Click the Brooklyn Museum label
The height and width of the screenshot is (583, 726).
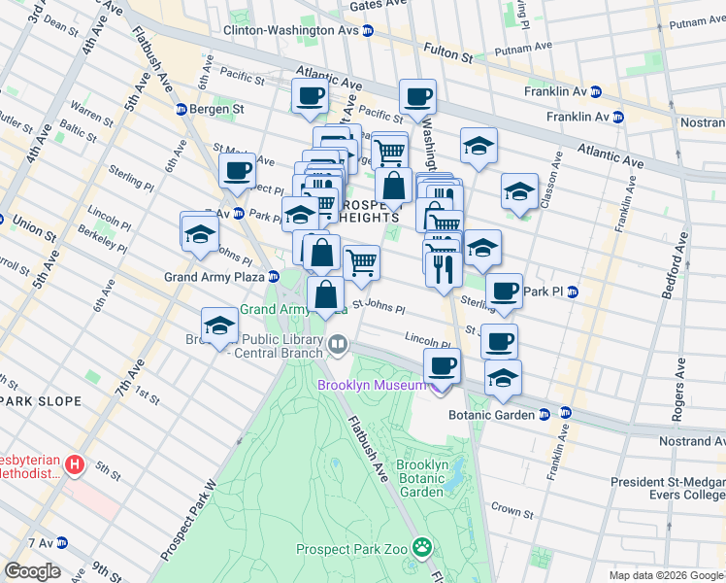click(371, 385)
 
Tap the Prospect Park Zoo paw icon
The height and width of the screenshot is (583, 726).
click(421, 547)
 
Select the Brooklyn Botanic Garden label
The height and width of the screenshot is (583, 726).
click(422, 478)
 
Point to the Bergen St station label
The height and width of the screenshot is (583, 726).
click(215, 109)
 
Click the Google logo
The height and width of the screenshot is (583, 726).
click(32, 571)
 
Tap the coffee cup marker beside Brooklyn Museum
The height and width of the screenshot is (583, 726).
click(442, 365)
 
